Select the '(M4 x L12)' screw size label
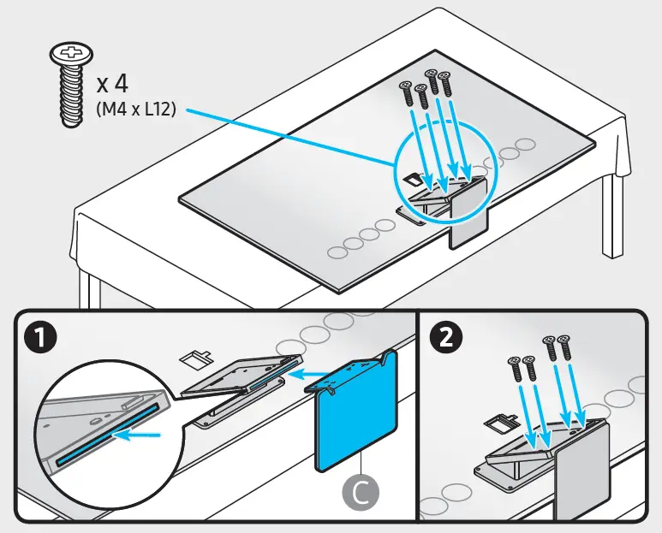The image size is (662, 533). [x=134, y=110]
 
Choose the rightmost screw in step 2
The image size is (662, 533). [x=564, y=351]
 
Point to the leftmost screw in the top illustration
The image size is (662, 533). [x=405, y=91]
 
